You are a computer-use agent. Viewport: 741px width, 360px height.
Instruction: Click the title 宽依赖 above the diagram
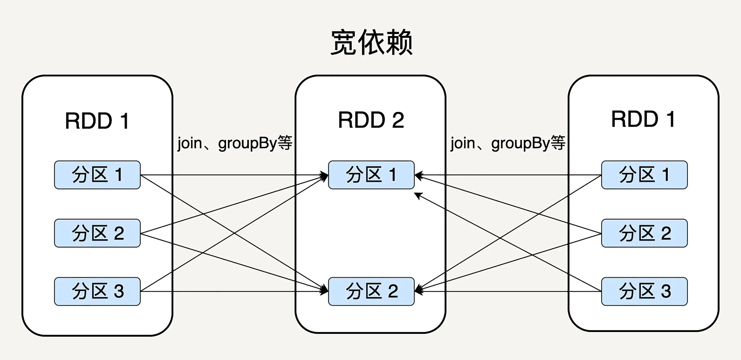point(371,42)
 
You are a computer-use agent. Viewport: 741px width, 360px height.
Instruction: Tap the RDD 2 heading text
point(371,120)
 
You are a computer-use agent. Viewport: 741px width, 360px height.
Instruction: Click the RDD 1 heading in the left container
point(97,121)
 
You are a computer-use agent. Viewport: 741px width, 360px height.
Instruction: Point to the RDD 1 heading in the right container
point(643,119)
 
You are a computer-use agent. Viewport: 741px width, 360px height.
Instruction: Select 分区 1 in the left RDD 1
point(98,175)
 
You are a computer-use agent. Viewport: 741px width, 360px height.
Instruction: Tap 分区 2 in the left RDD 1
point(98,233)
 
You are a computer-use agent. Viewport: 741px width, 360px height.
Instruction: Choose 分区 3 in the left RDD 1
point(98,291)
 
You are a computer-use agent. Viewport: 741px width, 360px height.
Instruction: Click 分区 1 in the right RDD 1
point(645,175)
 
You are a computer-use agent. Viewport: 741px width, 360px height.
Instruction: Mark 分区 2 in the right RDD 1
point(645,233)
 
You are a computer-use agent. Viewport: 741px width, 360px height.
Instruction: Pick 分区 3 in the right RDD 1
point(645,291)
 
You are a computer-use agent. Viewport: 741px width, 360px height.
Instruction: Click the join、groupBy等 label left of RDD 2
point(235,143)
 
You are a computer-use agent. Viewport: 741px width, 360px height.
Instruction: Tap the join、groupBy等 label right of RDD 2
point(508,143)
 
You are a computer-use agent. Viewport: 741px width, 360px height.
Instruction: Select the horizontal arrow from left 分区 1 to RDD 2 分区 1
point(235,175)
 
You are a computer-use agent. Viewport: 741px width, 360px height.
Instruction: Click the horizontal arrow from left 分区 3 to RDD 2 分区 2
point(235,292)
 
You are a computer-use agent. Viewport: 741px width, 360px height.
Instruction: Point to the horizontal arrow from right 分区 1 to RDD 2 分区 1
point(508,175)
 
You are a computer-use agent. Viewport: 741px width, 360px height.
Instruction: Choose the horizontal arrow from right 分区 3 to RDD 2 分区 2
point(508,292)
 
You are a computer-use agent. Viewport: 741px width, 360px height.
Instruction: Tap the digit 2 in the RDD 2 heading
point(398,120)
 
